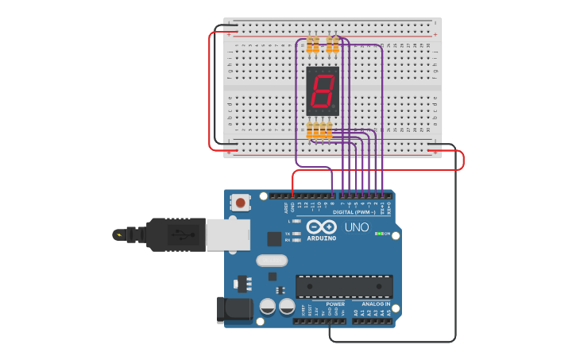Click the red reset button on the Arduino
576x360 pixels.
[x=240, y=203]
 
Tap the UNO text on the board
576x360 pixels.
[x=356, y=227]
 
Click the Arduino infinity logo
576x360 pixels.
[x=322, y=226]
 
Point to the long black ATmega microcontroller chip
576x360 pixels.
[x=344, y=286]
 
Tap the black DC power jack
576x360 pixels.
[x=234, y=309]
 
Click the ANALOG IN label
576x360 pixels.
[x=377, y=304]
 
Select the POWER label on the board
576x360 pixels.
[x=335, y=304]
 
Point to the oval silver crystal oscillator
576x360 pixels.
[x=271, y=260]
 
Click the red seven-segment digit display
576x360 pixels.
[x=323, y=91]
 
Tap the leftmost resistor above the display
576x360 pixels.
[x=310, y=45]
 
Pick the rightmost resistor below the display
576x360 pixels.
[x=330, y=130]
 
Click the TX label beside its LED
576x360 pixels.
[x=288, y=234]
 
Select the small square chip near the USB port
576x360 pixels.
[x=274, y=238]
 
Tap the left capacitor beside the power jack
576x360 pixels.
[x=268, y=306]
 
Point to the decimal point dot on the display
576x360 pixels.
[x=334, y=108]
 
